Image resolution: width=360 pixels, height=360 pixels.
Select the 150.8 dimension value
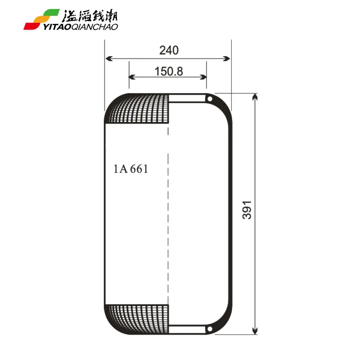168,71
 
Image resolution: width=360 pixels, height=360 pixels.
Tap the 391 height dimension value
247,210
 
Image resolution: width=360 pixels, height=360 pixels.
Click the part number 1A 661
131,169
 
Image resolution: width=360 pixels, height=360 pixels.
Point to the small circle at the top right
209,98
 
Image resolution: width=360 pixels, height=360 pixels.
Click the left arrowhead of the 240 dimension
108,58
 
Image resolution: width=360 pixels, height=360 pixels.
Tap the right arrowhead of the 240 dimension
228,58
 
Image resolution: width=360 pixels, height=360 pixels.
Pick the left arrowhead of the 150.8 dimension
131,77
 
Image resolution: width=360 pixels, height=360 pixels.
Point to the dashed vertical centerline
168,211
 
